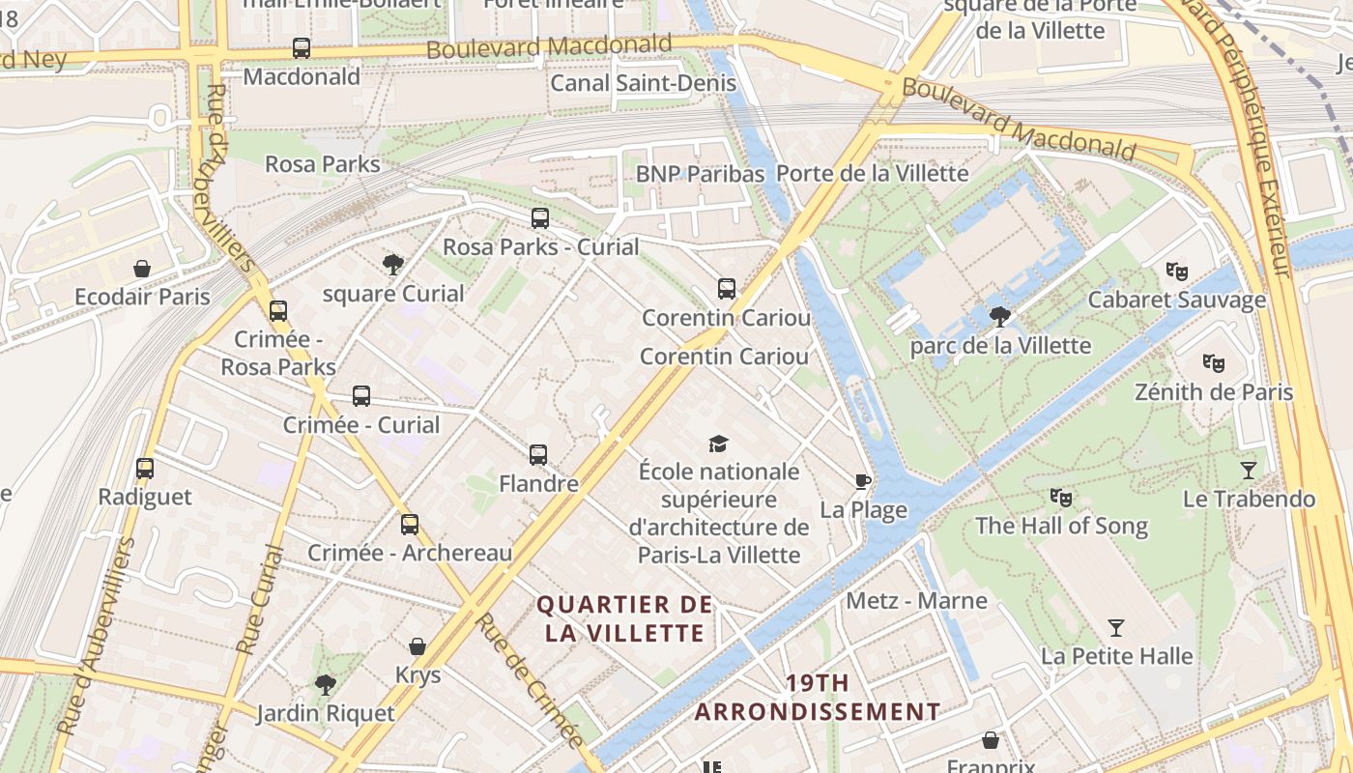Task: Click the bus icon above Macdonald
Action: pos(302,47)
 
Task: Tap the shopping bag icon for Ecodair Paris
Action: pos(142,268)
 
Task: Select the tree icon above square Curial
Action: pos(392,264)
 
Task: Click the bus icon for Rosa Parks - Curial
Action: pos(540,218)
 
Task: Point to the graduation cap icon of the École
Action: pos(718,444)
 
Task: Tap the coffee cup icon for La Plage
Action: pos(863,481)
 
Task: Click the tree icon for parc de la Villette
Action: pos(1000,316)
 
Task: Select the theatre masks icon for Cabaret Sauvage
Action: pos(1176,271)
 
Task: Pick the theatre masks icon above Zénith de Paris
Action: pos(1214,363)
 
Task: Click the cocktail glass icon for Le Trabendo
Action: pos(1249,471)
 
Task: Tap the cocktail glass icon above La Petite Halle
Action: pos(1116,628)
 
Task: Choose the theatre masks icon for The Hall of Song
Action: pos(1061,498)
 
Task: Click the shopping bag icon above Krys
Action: pos(417,645)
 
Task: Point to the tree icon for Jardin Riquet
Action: pos(326,685)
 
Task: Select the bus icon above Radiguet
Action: pos(145,469)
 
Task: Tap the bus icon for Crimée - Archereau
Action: pos(410,525)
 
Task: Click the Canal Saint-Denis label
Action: pos(643,83)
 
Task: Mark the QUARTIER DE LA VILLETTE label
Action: pos(624,618)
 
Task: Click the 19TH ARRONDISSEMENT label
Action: pos(818,698)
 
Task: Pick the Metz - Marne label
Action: pos(916,601)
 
